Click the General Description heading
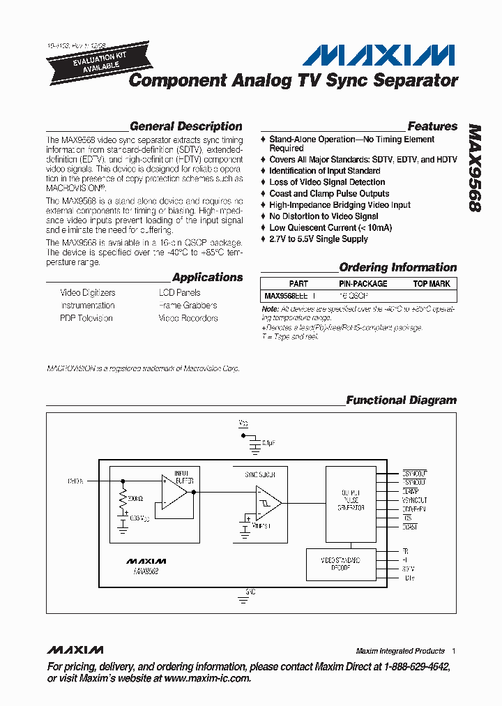tap(186, 126)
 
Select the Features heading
tap(432, 126)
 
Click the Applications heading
tap(207, 277)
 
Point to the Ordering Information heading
tap(397, 267)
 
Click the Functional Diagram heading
tap(401, 400)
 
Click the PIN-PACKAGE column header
tap(363, 284)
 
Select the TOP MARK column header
tap(432, 284)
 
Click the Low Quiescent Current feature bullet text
tap(330, 227)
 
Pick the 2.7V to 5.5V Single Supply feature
tap(319, 239)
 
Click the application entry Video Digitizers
tap(88, 293)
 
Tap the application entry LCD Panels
tap(179, 293)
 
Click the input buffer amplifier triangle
tap(174, 492)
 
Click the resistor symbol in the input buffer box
tap(123, 499)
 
